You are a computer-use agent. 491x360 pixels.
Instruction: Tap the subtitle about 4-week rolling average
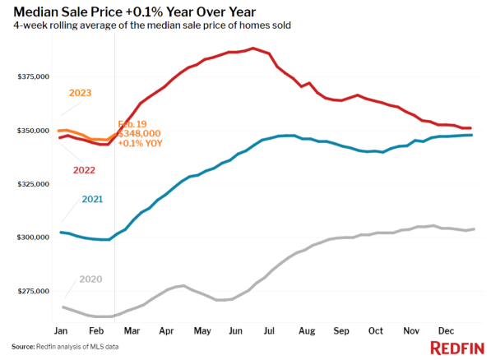151,25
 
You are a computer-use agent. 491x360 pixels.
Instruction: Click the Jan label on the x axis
61,330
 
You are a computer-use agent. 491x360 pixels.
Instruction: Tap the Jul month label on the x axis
269,330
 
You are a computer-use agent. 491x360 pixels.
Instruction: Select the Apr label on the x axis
166,330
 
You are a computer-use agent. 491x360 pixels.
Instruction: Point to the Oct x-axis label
375,330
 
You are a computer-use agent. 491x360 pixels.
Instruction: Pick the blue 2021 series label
91,200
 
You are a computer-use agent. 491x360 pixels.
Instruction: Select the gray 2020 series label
90,279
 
